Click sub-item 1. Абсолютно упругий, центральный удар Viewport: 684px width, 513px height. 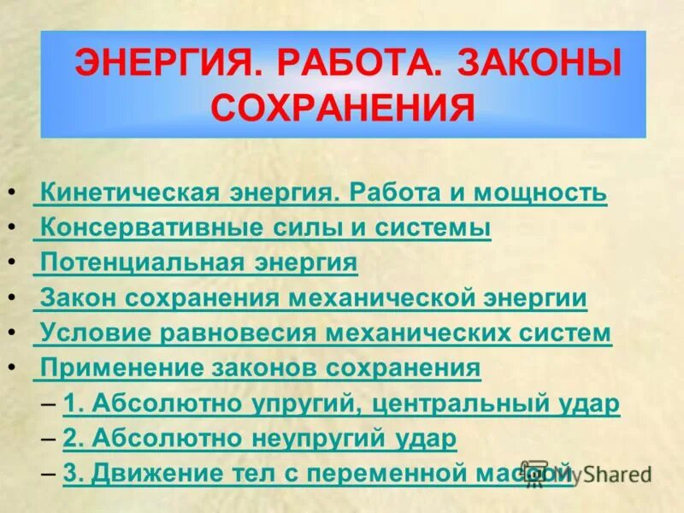(341, 404)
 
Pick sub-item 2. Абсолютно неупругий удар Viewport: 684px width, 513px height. (260, 439)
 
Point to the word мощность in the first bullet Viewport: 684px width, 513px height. (540, 193)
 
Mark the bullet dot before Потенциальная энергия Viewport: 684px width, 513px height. (9, 263)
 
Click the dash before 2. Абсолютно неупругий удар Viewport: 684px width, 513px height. (50, 439)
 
